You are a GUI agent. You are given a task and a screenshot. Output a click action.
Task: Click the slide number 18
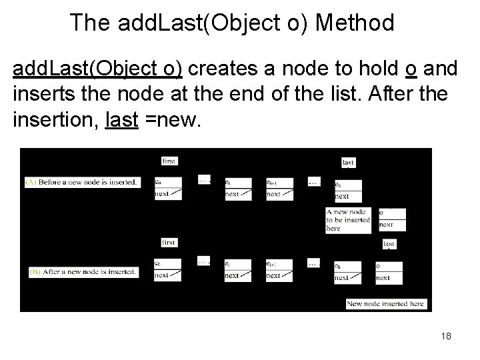coord(445,336)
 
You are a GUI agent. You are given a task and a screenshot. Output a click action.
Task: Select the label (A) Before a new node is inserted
coord(82,182)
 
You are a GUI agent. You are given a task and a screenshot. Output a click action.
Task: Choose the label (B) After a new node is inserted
coord(84,272)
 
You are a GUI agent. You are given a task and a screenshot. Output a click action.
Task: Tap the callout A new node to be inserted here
coord(348,219)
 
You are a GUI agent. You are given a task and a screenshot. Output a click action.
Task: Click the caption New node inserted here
coord(385,304)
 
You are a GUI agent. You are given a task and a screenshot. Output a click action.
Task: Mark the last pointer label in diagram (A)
coord(348,162)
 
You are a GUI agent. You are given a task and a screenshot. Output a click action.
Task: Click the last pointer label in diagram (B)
coord(389,244)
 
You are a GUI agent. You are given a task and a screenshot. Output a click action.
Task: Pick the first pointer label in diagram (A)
coord(169,161)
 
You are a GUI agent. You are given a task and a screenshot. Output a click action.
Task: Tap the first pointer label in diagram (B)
coord(169,243)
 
